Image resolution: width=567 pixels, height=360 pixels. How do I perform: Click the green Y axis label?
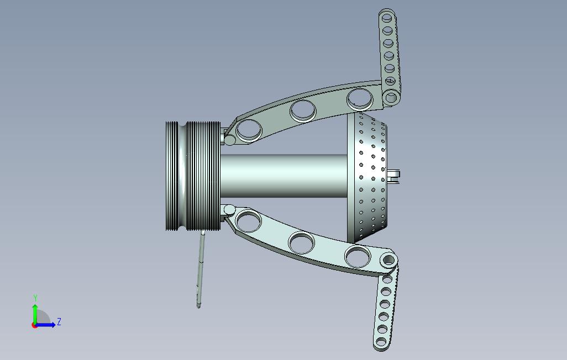tap(35, 298)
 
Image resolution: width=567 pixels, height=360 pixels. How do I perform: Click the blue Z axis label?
tap(59, 321)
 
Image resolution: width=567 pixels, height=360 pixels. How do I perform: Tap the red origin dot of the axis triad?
tap(34, 325)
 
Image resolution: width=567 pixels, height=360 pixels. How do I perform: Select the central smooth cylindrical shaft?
tap(283, 176)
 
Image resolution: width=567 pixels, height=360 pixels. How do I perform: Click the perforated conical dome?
tap(366, 177)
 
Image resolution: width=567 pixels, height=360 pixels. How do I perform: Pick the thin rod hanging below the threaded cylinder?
tap(201, 270)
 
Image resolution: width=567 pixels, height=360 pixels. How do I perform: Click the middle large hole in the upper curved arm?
tap(303, 110)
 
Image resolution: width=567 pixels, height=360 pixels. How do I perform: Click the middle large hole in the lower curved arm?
tap(301, 242)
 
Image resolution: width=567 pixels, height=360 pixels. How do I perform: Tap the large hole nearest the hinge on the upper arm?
tap(249, 129)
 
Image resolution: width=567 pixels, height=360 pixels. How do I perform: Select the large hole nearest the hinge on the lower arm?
tap(248, 221)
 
